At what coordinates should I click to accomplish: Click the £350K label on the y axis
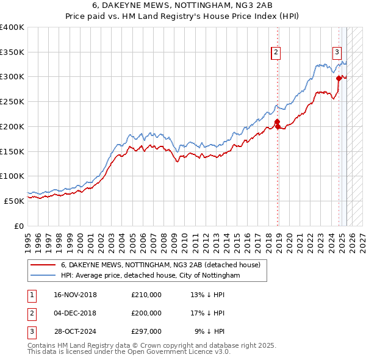(x=12, y=52)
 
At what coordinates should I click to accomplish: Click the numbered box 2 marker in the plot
(x=276, y=52)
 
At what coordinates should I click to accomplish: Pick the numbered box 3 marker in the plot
(x=336, y=52)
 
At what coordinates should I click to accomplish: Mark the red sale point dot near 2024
(x=339, y=77)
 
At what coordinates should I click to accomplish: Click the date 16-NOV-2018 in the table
(x=75, y=295)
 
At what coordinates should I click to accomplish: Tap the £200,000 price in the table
(x=146, y=313)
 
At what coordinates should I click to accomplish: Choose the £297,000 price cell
(x=146, y=331)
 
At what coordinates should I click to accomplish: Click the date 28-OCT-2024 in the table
(x=75, y=331)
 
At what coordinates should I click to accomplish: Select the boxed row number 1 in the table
(x=31, y=295)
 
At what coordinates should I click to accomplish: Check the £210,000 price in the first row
(x=146, y=295)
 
